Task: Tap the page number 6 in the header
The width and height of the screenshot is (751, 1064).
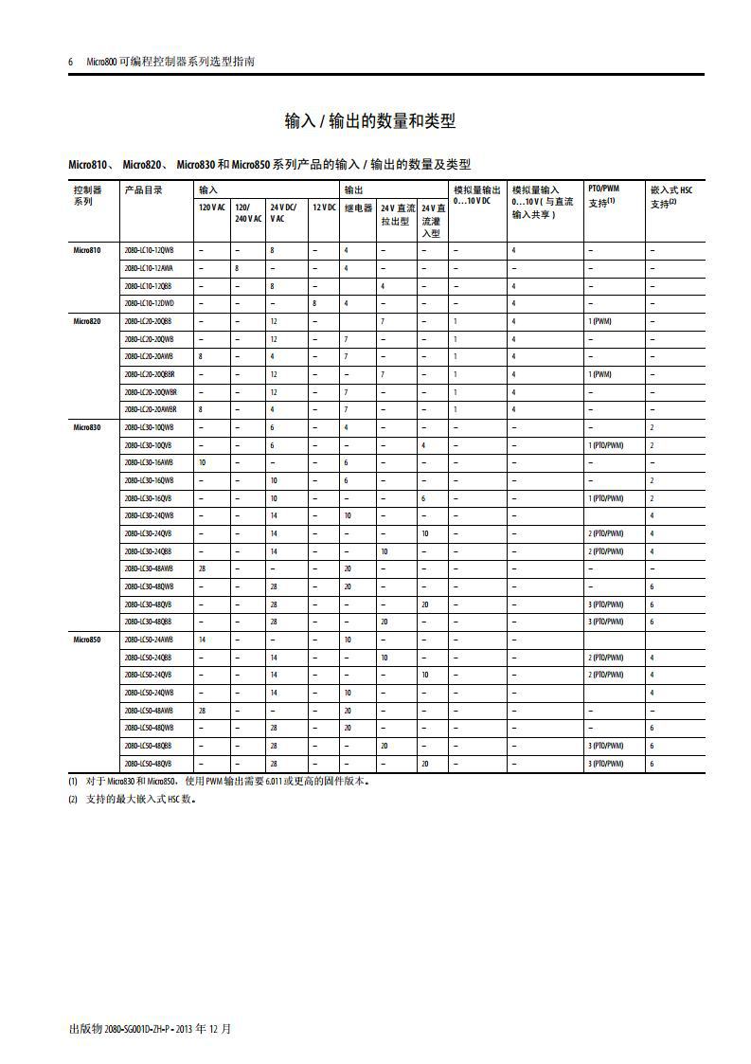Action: [71, 62]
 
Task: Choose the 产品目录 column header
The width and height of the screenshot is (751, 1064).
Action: [143, 189]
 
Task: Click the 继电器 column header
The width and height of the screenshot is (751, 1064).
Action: [357, 207]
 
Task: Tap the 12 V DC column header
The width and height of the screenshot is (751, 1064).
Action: [324, 207]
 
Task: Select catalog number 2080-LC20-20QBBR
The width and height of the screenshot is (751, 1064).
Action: [150, 374]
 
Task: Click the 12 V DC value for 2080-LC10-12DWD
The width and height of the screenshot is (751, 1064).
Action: [314, 303]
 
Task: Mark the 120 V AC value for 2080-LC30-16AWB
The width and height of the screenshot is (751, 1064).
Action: [202, 462]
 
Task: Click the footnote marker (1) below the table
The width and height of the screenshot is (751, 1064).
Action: [73, 782]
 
